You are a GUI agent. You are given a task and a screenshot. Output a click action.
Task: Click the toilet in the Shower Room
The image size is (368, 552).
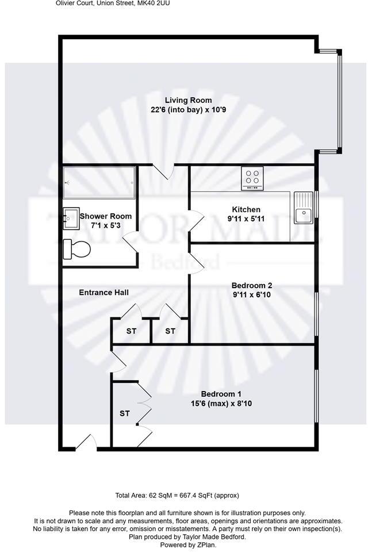pos(76,250)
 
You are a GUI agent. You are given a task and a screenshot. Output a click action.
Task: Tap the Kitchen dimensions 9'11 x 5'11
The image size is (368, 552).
pos(246,218)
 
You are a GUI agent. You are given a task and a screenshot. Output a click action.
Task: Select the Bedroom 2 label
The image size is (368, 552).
pos(251,285)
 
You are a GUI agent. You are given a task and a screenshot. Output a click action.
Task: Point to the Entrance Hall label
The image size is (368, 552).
pos(103,292)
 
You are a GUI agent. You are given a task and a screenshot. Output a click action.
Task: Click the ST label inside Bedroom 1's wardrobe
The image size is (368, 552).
pos(125,413)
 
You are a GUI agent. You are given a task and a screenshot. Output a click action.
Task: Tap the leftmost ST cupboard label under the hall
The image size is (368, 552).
pos(131,331)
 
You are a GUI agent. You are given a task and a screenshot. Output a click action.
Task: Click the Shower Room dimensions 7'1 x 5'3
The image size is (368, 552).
pos(106,225)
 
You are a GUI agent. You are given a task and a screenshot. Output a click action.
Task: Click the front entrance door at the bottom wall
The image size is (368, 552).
pos(86,443)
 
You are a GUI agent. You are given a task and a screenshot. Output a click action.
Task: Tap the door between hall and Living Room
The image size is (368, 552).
pos(167,171)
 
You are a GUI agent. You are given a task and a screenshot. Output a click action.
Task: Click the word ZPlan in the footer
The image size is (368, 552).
pos(205,545)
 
